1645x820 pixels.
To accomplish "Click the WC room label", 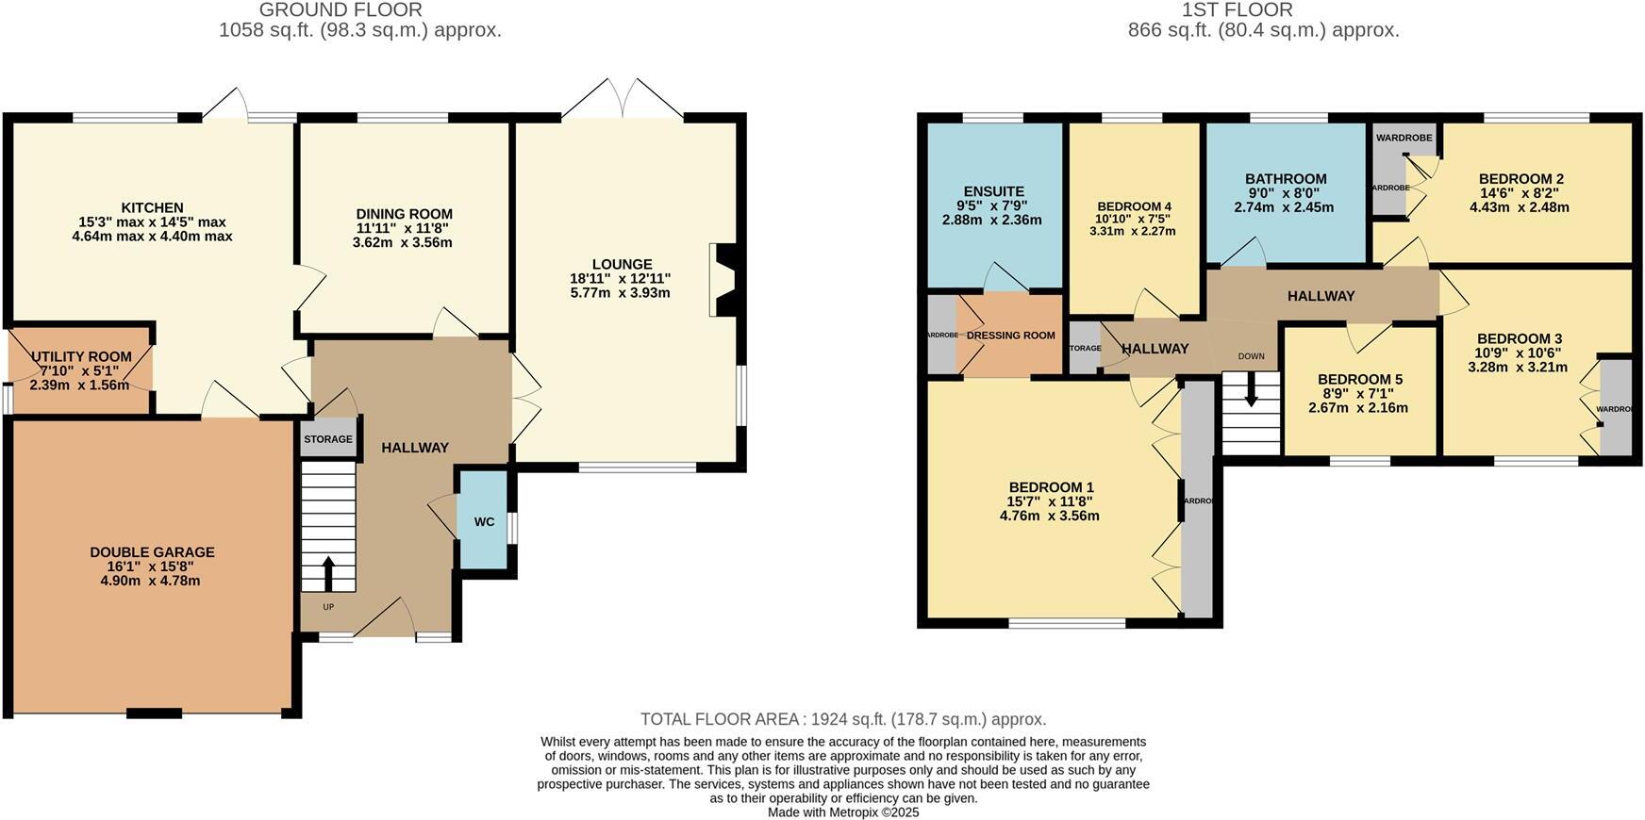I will [x=484, y=522].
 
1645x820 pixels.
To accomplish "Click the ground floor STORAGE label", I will [x=328, y=439].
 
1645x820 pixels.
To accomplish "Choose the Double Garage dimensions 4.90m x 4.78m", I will [x=150, y=582].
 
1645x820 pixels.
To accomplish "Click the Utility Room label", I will [x=81, y=357].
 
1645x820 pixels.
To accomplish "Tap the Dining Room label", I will [x=404, y=214].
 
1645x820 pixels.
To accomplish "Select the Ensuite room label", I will [x=993, y=191].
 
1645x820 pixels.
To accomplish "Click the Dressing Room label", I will [x=1010, y=336].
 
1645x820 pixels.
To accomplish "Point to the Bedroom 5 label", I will [x=1359, y=380].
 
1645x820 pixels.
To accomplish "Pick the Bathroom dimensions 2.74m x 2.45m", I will [x=1284, y=207].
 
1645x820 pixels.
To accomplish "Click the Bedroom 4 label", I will [x=1134, y=206].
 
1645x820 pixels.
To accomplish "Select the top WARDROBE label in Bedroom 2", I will [x=1404, y=138].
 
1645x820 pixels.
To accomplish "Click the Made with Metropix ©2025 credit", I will [x=842, y=812].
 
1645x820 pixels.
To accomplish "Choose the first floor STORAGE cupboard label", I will [x=1085, y=348].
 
